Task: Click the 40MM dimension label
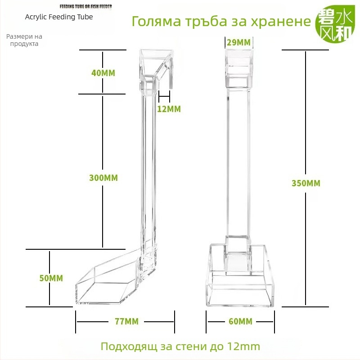(103, 73)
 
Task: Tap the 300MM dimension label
(103, 178)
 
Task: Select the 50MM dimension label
(51, 278)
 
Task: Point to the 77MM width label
(127, 321)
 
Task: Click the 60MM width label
(240, 321)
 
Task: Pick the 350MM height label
(306, 183)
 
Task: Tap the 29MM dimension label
(239, 42)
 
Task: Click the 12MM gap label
(169, 109)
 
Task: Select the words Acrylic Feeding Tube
(59, 17)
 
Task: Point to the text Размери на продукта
(24, 40)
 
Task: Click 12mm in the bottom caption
(243, 346)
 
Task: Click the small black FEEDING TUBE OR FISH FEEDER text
(85, 6)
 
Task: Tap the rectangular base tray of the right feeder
(240, 287)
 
